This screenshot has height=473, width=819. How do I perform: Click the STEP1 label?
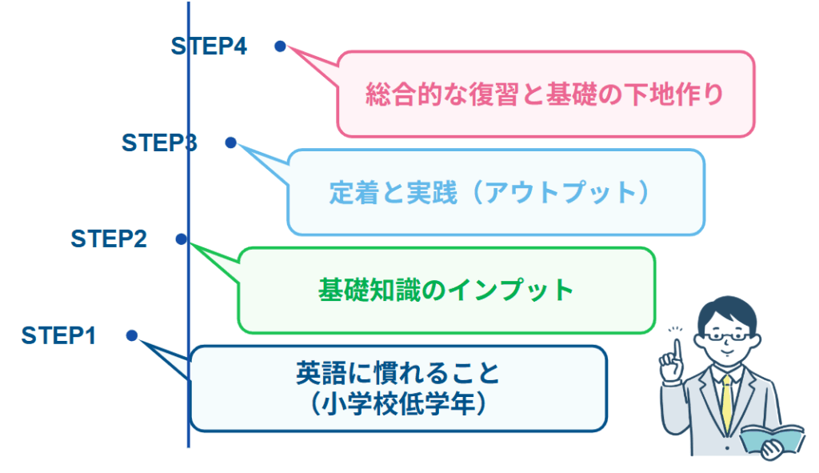coord(59,336)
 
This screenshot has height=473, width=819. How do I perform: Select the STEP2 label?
coord(109,239)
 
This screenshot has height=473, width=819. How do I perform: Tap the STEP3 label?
coord(159,142)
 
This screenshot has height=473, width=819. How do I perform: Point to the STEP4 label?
coord(209,46)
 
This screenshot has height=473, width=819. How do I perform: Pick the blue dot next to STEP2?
coord(182,239)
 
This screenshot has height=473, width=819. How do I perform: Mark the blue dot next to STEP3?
coord(230,142)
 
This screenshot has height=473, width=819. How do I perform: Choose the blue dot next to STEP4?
coord(280,46)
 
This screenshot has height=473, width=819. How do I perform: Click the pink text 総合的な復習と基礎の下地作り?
coord(545,94)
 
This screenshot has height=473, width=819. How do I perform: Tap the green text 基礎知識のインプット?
coord(446,289)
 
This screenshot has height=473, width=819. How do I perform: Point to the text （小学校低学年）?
coord(398,403)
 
